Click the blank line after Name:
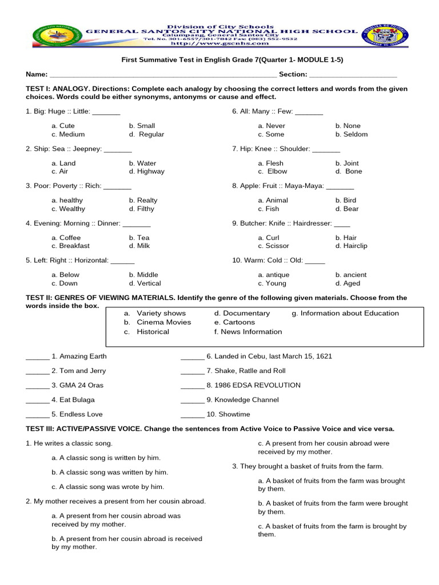[163, 75]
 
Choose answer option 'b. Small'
[142, 126]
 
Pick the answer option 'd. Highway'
[146, 171]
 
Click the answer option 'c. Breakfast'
[70, 246]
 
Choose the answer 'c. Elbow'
[273, 171]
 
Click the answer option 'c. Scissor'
[275, 246]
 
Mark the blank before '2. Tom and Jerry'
[38, 371]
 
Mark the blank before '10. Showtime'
[192, 415]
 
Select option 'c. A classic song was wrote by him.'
[107, 487]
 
